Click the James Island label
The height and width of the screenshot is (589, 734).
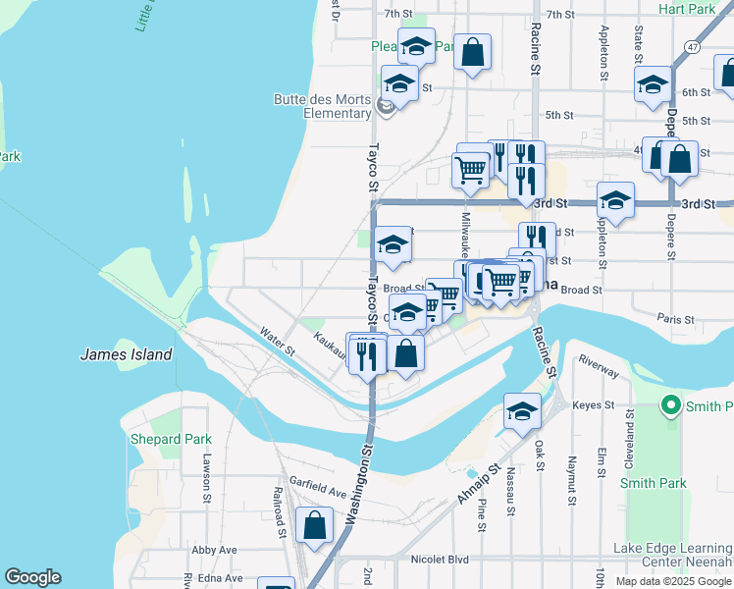tap(126, 354)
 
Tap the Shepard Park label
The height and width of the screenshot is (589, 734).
tap(163, 439)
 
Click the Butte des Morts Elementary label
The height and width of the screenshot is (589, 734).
tap(322, 106)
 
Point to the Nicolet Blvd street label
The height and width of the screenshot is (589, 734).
tap(438, 558)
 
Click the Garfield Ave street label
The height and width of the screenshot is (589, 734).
tap(318, 491)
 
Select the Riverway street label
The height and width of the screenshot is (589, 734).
tap(599, 366)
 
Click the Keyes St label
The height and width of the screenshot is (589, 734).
tap(593, 404)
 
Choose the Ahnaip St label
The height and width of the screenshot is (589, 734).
tap(478, 486)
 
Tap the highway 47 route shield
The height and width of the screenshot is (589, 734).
tap(693, 46)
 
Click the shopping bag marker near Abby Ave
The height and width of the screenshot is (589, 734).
tap(315, 525)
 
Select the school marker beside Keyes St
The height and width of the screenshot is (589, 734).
tap(522, 411)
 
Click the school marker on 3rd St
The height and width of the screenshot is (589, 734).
tap(615, 201)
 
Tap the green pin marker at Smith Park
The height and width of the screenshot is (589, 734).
tap(671, 404)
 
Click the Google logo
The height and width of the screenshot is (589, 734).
tap(32, 577)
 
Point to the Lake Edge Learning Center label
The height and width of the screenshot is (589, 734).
tap(672, 555)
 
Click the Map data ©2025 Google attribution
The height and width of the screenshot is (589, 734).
tap(672, 581)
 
